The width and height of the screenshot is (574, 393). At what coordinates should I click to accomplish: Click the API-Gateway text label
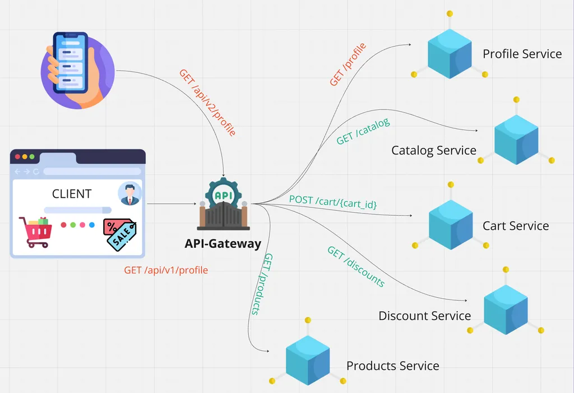point(223,244)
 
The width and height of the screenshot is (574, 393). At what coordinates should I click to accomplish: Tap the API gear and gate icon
point(223,205)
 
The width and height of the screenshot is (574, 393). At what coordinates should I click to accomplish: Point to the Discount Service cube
point(506,306)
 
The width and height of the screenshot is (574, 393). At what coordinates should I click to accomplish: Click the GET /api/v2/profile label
point(207,103)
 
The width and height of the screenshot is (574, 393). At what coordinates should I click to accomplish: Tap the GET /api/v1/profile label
point(166,270)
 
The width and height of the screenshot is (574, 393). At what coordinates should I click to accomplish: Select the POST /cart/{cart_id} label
point(333,202)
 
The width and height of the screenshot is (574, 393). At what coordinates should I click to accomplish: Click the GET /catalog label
point(363,131)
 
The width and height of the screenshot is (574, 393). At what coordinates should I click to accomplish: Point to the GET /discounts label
point(356,267)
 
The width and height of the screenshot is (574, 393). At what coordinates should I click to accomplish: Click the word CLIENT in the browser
point(72,194)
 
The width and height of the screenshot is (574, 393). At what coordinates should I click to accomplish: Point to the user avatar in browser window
point(130,194)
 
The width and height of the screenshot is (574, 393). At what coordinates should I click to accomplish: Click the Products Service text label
point(392,366)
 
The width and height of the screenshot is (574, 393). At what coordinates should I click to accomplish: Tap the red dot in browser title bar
point(17,156)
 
